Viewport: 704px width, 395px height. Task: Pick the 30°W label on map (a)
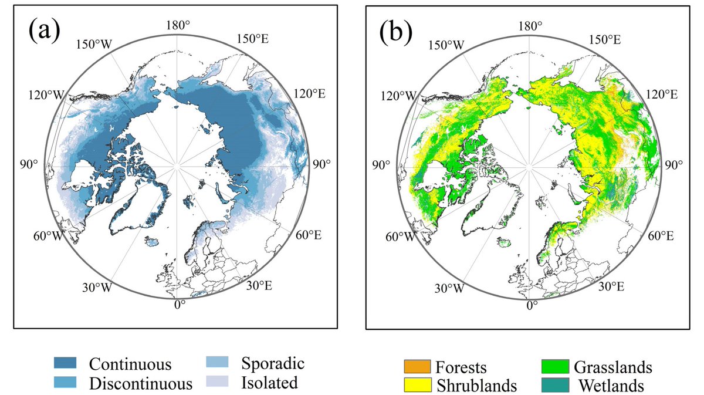pos(97,288)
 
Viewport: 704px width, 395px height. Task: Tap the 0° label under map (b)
pos(532,306)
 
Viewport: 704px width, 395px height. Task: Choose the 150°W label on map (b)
pos(446,45)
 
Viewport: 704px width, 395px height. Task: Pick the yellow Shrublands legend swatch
pos(417,386)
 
